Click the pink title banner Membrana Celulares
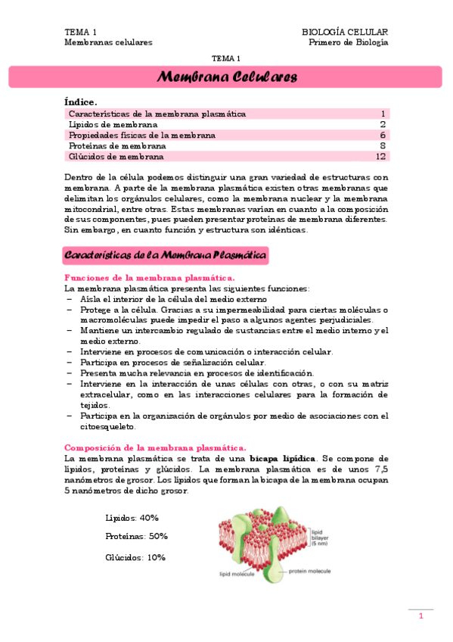226,77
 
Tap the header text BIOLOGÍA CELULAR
345,32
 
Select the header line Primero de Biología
349,42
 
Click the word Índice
81,101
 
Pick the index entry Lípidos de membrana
113,124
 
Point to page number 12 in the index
381,157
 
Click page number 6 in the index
383,135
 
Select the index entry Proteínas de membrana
117,145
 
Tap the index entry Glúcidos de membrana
116,157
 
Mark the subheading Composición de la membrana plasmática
155,447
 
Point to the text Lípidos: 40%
132,518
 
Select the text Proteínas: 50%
136,536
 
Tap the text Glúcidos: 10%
135,557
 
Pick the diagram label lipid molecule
237,574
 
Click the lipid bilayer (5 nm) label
322,538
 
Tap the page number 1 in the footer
421,617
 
